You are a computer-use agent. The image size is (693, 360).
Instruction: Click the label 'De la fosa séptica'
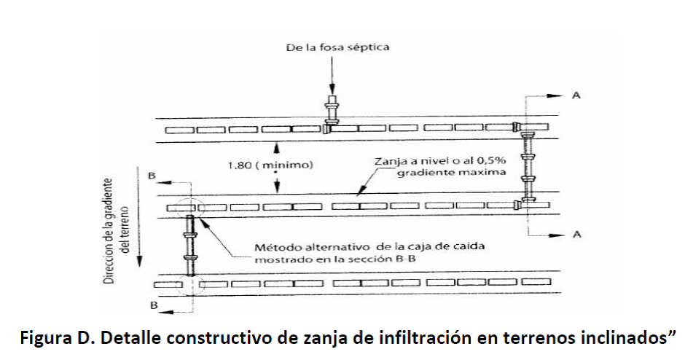tap(337, 47)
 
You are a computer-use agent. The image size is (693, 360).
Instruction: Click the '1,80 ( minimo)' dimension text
tap(270, 165)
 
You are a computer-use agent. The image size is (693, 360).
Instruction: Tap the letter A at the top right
tap(576, 95)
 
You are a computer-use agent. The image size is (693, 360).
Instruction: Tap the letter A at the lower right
tap(576, 235)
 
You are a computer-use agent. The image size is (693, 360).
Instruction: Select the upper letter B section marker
tap(152, 176)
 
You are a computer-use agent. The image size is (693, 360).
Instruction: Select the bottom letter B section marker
tap(154, 305)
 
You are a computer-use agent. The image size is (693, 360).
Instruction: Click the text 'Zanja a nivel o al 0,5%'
tap(440, 161)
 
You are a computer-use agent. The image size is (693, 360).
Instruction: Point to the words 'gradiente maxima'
tap(451, 172)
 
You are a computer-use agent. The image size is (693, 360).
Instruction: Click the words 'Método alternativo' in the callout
tap(312, 246)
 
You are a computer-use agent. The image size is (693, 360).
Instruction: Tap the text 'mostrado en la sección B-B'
tap(335, 259)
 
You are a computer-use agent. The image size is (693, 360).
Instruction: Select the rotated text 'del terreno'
tap(125, 230)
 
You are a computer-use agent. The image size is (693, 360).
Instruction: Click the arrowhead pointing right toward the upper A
tap(557, 95)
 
